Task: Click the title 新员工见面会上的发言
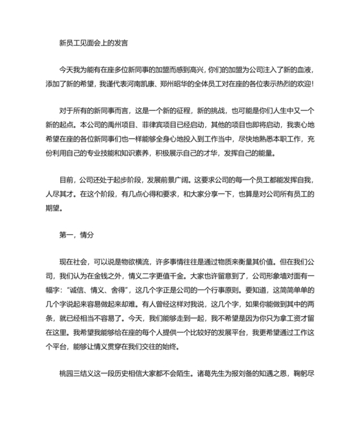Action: point(94,44)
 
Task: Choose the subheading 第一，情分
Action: point(76,236)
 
